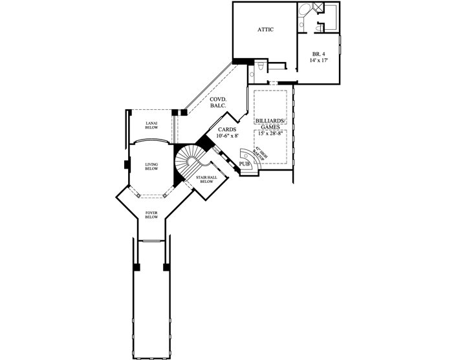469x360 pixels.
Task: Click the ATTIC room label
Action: coord(266,29)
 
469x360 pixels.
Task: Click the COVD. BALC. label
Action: coord(208,103)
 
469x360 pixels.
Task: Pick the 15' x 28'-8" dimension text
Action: coord(270,133)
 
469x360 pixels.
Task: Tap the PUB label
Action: coord(245,164)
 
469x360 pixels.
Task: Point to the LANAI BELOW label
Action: coord(151,125)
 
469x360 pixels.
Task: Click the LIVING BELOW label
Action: coord(151,166)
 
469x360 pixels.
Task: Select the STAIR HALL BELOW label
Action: coord(206,179)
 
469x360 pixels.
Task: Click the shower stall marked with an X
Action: coord(319,8)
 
